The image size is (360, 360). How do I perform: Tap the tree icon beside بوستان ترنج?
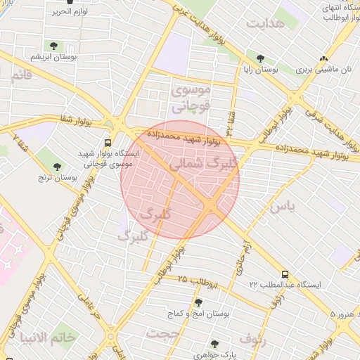[57, 167]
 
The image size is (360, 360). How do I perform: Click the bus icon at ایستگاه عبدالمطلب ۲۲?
[285, 274]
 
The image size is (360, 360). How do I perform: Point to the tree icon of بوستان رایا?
[261, 59]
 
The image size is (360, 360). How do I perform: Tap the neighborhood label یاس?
[280, 206]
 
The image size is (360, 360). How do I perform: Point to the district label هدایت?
[265, 23]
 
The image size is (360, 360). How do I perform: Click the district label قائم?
[22, 75]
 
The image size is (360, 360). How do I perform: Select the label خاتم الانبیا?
[49, 337]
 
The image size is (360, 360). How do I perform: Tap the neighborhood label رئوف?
[254, 339]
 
